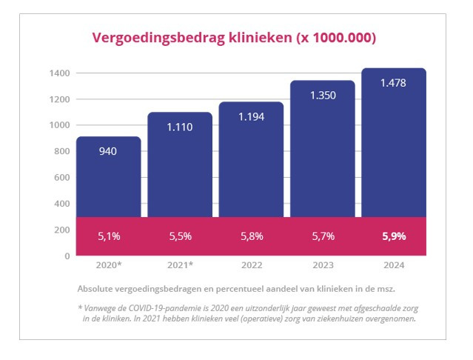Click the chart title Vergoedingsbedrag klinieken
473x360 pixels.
233,38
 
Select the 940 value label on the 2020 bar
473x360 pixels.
108,151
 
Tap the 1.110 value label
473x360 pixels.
179,127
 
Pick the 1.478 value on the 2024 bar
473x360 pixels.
393,83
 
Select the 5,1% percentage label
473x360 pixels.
108,236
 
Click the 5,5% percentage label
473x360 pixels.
179,236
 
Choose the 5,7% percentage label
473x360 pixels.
322,236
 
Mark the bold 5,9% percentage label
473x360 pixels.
393,236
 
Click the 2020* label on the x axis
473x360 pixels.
108,264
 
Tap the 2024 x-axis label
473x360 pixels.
393,264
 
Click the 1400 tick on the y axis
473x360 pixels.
60,73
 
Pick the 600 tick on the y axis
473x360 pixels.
62,178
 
